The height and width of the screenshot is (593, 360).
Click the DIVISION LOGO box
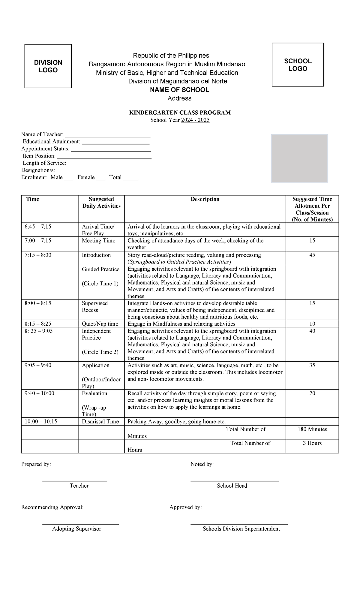coord(48,66)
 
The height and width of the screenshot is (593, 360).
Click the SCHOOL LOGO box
coord(298,65)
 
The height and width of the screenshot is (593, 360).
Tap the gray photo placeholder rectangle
coord(299,158)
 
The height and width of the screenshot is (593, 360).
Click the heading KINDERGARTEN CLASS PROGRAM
coord(180,113)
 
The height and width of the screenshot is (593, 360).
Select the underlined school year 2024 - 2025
coord(195,120)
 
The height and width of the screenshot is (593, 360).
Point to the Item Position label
coord(39,156)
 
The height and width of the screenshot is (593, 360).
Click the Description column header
coord(205,199)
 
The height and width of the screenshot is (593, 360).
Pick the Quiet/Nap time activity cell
coord(100,324)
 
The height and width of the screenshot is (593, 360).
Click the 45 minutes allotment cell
coord(312,255)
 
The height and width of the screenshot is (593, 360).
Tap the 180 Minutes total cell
coord(312,429)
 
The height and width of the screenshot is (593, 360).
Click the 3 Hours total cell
coord(312,443)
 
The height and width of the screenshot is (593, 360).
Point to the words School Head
coord(232,486)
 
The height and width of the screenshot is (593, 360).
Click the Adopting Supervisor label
coord(76,529)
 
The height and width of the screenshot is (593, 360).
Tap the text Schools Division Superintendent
coord(241,529)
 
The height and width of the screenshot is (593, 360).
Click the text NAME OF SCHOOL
coord(179,90)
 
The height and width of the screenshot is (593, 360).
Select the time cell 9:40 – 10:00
coord(39,393)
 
